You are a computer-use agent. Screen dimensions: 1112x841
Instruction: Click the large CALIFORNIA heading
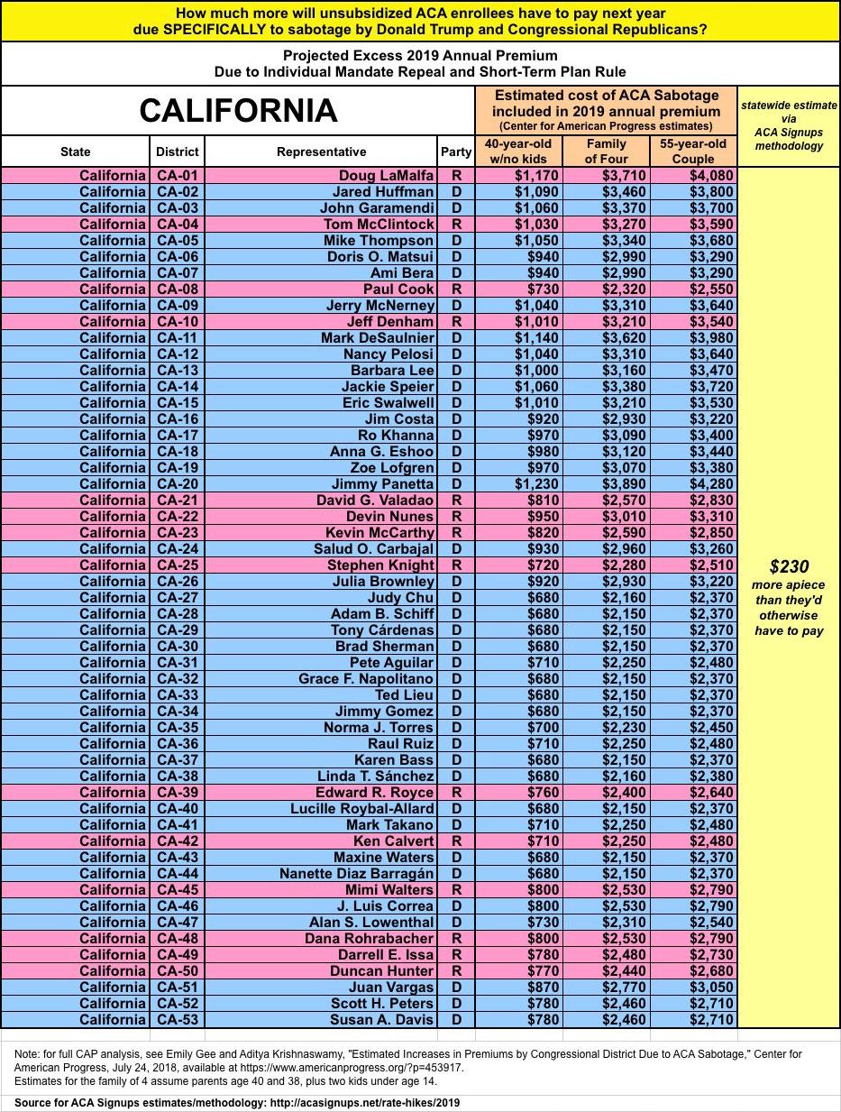point(238,111)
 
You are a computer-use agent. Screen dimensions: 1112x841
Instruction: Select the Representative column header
point(321,152)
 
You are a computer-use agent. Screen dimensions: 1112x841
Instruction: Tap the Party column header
point(456,152)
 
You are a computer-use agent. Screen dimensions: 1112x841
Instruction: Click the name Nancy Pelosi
point(389,354)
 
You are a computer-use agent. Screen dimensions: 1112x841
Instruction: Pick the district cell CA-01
point(176,176)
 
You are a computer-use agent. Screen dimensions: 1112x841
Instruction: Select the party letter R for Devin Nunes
point(456,517)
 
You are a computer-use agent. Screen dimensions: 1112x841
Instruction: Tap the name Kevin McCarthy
point(379,533)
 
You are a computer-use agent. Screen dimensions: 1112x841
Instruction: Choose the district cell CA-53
point(176,1020)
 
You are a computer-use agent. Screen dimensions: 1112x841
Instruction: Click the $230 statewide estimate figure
point(789,567)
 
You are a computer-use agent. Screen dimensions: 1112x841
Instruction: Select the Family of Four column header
point(606,152)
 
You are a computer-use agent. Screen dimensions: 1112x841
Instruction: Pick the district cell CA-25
point(176,565)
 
